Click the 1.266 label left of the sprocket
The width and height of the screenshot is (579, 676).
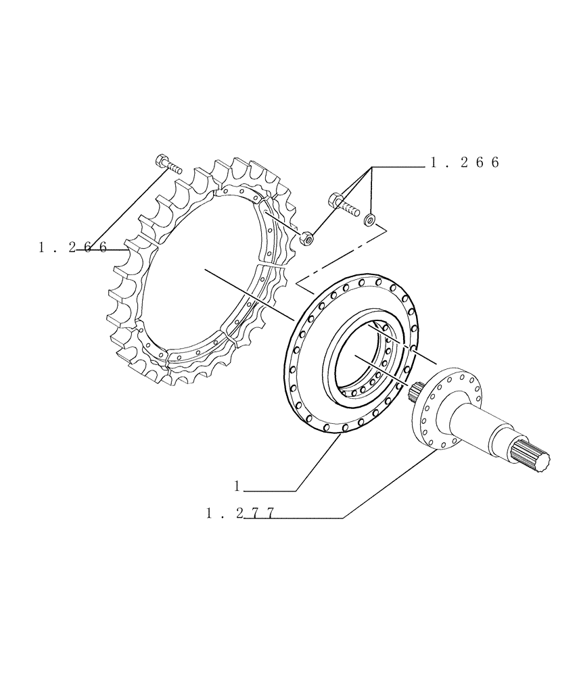(x=72, y=247)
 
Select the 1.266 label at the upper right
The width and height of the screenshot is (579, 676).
(x=464, y=163)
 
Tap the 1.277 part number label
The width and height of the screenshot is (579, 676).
(x=240, y=514)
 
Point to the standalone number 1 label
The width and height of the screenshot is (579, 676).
(x=238, y=485)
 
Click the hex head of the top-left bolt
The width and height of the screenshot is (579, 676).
(x=162, y=160)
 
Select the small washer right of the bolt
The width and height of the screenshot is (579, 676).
(x=370, y=218)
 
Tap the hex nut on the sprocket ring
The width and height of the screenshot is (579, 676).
(x=305, y=237)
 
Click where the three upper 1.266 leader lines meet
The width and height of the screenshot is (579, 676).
(x=371, y=166)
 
